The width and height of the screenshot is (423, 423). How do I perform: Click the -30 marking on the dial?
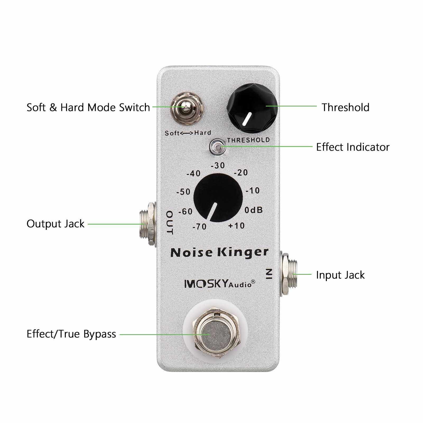[x=218, y=165]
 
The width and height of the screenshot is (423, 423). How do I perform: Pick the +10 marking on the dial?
[x=236, y=226]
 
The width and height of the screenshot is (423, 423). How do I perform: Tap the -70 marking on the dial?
[x=199, y=226]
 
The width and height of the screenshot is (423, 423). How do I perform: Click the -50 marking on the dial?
[x=183, y=192]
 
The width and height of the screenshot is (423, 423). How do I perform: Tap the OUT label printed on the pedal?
[x=170, y=223]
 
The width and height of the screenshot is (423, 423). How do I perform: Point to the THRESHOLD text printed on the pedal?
[x=248, y=140]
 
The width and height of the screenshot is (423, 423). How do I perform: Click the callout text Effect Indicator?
[x=353, y=147]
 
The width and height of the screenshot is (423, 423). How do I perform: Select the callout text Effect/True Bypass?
[x=71, y=334]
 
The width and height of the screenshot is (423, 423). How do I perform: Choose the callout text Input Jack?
[x=340, y=275]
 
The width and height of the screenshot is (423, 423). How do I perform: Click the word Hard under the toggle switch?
[x=203, y=133]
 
